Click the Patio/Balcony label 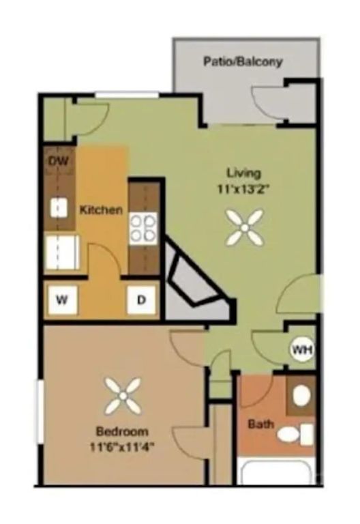coord(243,61)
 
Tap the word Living coord(243,173)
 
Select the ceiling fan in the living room coord(244,228)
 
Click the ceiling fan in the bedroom coord(123,396)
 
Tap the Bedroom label coord(122,431)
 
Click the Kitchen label coord(101,209)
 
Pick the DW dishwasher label coord(59,162)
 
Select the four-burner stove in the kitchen coord(144,228)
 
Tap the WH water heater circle coord(301,351)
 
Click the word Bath coord(260,424)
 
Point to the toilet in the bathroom coord(293,434)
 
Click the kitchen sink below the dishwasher coord(59,207)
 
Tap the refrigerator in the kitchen coord(63,252)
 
